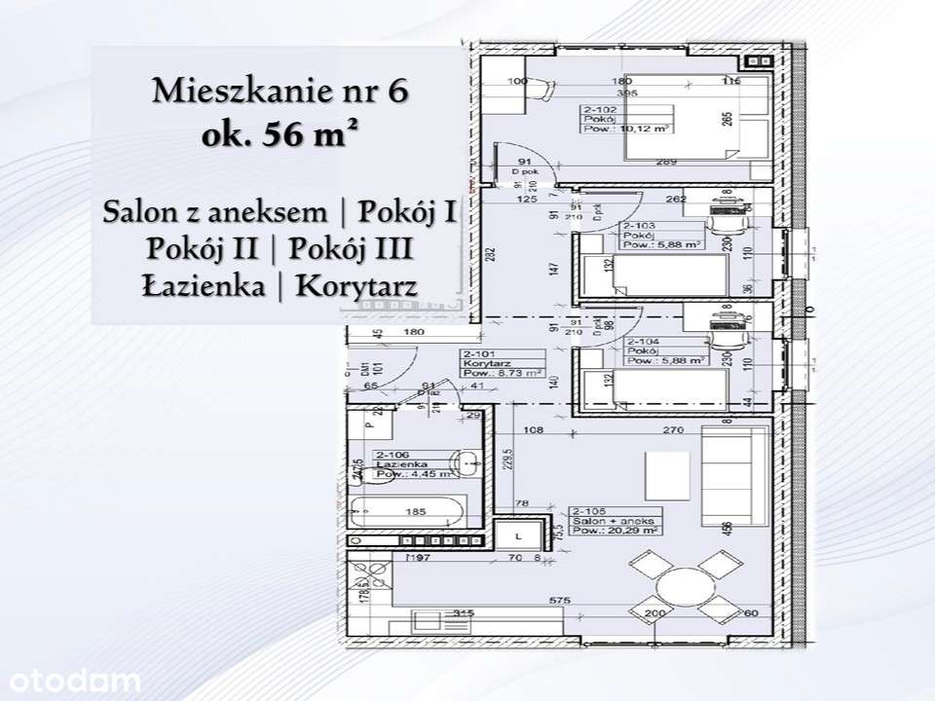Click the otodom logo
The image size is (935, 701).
coord(71,680)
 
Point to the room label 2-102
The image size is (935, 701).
coord(598,111)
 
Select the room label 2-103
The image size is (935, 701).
coord(637,225)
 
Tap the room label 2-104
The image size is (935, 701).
coord(644,342)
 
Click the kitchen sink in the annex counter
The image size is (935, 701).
coord(428,619)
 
